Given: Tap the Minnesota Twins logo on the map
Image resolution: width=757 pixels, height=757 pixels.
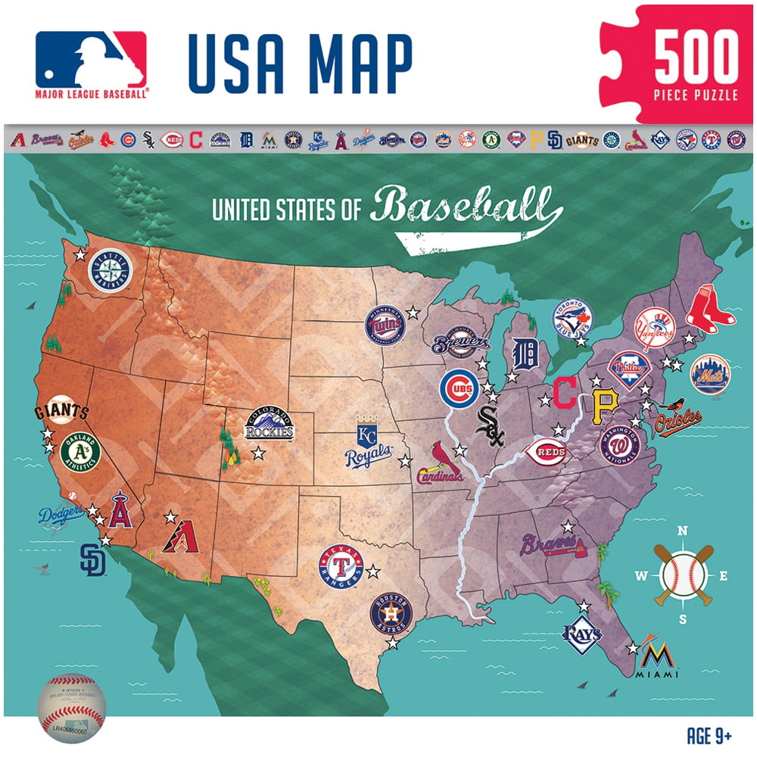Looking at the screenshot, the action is (385, 326).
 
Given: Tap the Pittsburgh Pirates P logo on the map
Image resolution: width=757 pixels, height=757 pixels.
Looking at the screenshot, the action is (603, 407).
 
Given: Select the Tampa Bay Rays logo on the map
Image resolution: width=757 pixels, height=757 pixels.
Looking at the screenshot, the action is (581, 634).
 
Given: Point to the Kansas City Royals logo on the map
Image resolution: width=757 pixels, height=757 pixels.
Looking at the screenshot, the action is (369, 442).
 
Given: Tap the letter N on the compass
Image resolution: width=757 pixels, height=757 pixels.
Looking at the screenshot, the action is (681, 531).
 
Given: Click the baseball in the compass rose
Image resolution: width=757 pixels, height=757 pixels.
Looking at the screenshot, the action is (681, 575).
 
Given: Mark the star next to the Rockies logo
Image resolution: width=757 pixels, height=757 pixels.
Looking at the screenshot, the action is (258, 453).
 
